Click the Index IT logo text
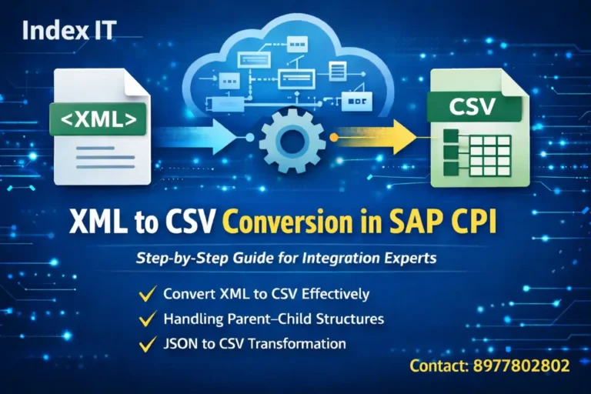69,31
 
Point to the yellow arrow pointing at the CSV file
377,138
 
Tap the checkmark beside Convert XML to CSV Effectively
145,293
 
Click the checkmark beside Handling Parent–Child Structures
145,318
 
